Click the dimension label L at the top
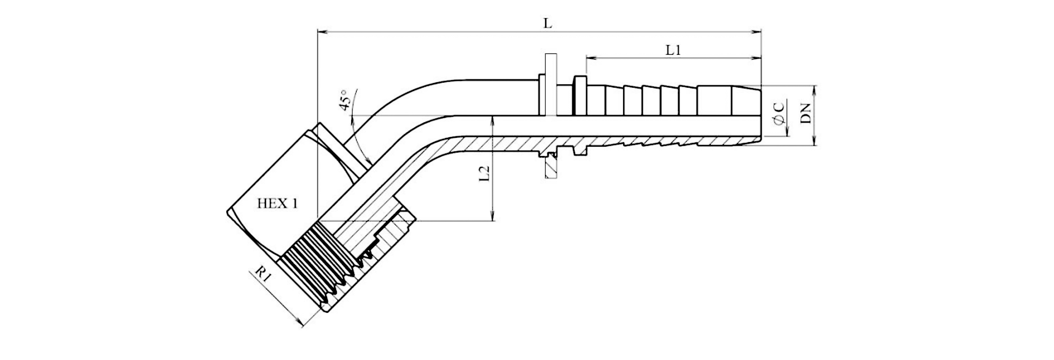(547, 23)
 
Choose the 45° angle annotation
(346, 100)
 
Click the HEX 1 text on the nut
(277, 204)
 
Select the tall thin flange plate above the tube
(550, 84)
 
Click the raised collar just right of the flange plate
(580, 95)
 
